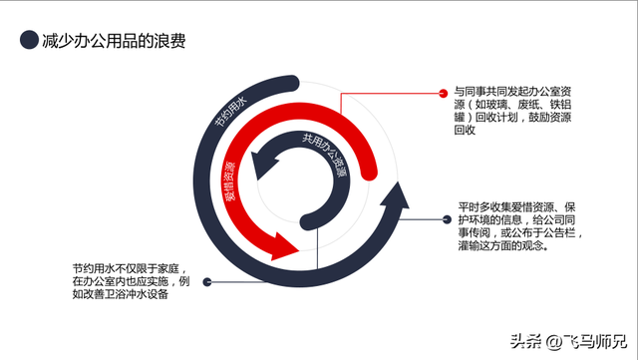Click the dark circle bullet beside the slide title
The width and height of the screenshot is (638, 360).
pyautogui.click(x=28, y=41)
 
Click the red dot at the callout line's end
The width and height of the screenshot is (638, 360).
pyautogui.click(x=441, y=94)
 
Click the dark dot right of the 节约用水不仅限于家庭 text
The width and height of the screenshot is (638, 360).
pyautogui.click(x=206, y=282)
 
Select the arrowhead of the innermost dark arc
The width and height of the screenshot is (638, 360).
pyautogui.click(x=262, y=158)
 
